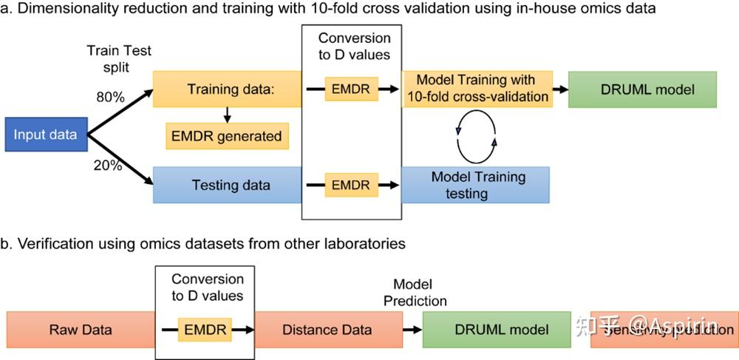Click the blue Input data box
[46, 135]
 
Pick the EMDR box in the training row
[352, 89]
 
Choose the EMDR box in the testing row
[352, 185]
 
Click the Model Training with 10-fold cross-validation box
[476, 89]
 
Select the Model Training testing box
[476, 185]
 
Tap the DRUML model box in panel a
[642, 89]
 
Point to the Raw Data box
[81, 329]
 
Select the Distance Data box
[327, 329]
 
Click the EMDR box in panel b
[205, 329]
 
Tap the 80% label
[110, 96]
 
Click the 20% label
[108, 166]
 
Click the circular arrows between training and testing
[476, 137]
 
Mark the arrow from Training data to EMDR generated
[228, 114]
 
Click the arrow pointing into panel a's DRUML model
[559, 89]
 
